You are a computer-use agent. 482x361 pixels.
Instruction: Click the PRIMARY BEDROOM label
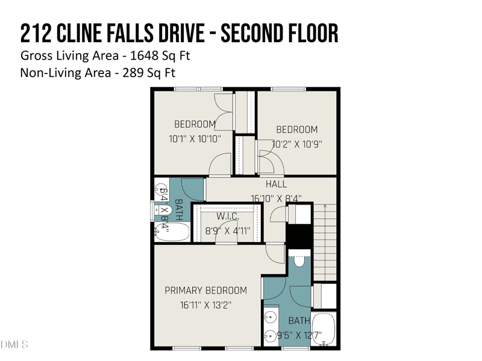(205, 291)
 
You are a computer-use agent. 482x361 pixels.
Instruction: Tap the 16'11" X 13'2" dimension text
(205, 305)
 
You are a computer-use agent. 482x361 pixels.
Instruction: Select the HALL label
(276, 184)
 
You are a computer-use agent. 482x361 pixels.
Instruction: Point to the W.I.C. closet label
(228, 217)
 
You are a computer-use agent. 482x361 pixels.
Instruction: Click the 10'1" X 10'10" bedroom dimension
(195, 138)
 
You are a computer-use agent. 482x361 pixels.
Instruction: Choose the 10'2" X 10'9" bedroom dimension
(297, 144)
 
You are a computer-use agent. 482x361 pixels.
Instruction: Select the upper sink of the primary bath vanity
(271, 316)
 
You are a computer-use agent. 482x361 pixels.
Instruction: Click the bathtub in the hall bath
(172, 232)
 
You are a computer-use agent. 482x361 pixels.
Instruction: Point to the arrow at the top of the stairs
(325, 207)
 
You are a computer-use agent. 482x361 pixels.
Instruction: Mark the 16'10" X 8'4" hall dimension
(276, 198)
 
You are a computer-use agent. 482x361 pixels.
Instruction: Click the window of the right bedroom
(288, 89)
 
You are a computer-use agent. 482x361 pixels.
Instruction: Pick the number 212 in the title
(35, 34)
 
